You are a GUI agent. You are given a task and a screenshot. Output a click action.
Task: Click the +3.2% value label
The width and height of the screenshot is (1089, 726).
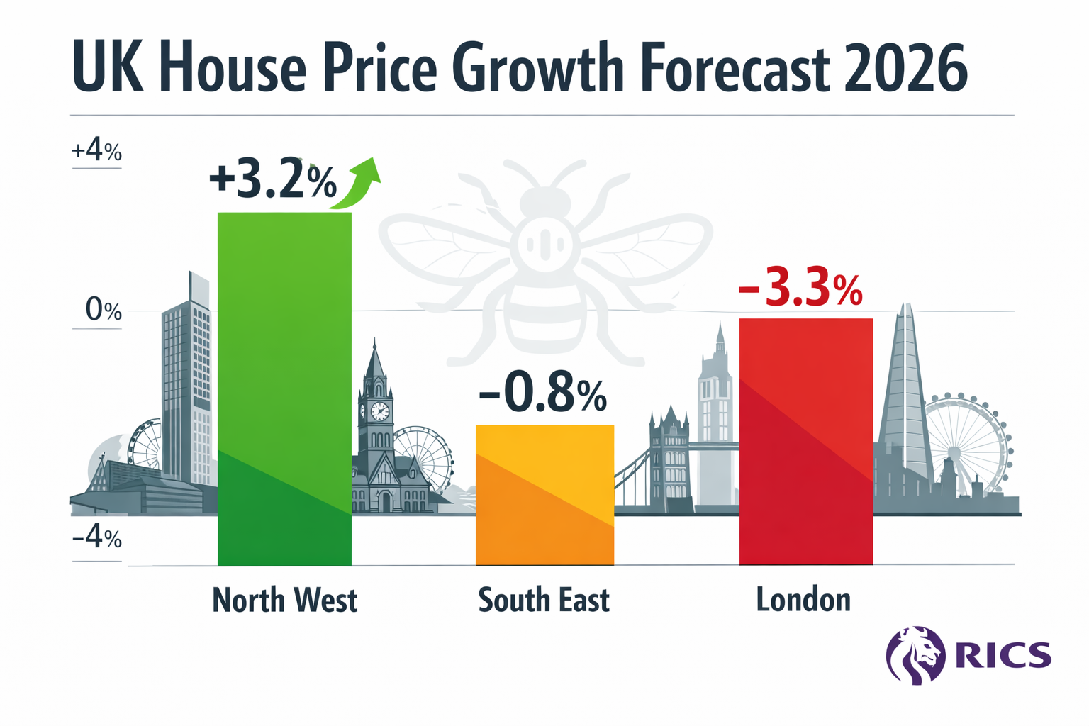point(273,180)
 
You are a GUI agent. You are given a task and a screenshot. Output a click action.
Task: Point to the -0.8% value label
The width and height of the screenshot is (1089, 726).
point(543,395)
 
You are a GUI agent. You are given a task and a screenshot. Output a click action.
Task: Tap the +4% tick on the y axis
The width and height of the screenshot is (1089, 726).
point(96,151)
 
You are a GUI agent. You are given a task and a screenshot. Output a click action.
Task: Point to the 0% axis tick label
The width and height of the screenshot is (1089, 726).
point(104,310)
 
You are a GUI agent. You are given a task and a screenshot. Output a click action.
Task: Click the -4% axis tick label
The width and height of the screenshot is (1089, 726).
point(97,538)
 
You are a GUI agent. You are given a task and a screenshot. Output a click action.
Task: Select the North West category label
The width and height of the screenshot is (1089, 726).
point(284,601)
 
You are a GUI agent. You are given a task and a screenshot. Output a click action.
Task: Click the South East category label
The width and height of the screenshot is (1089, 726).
point(544,601)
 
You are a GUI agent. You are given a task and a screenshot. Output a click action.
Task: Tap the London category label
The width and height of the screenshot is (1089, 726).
point(803,601)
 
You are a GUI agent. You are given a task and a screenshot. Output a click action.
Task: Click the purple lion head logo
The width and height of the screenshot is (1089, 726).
point(915,654)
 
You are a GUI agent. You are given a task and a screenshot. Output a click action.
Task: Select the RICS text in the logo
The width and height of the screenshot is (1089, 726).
point(1003,654)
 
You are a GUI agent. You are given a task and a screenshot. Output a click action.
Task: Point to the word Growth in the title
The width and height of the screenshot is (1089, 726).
point(537,69)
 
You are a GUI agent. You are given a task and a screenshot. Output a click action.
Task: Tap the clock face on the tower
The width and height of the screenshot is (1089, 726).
point(379,411)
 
